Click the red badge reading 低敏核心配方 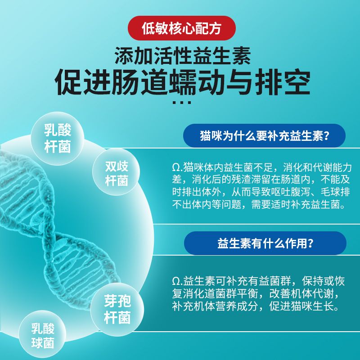point(182,28)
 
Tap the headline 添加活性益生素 point(183,55)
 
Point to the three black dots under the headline point(182,103)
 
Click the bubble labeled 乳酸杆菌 point(58,138)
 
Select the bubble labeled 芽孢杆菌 point(117,309)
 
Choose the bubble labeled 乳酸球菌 point(42,336)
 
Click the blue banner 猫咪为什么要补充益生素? point(264,135)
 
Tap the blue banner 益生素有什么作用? point(265,243)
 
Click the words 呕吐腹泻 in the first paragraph point(290,192)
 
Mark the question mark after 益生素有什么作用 point(310,243)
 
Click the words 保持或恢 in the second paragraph point(324,281)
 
